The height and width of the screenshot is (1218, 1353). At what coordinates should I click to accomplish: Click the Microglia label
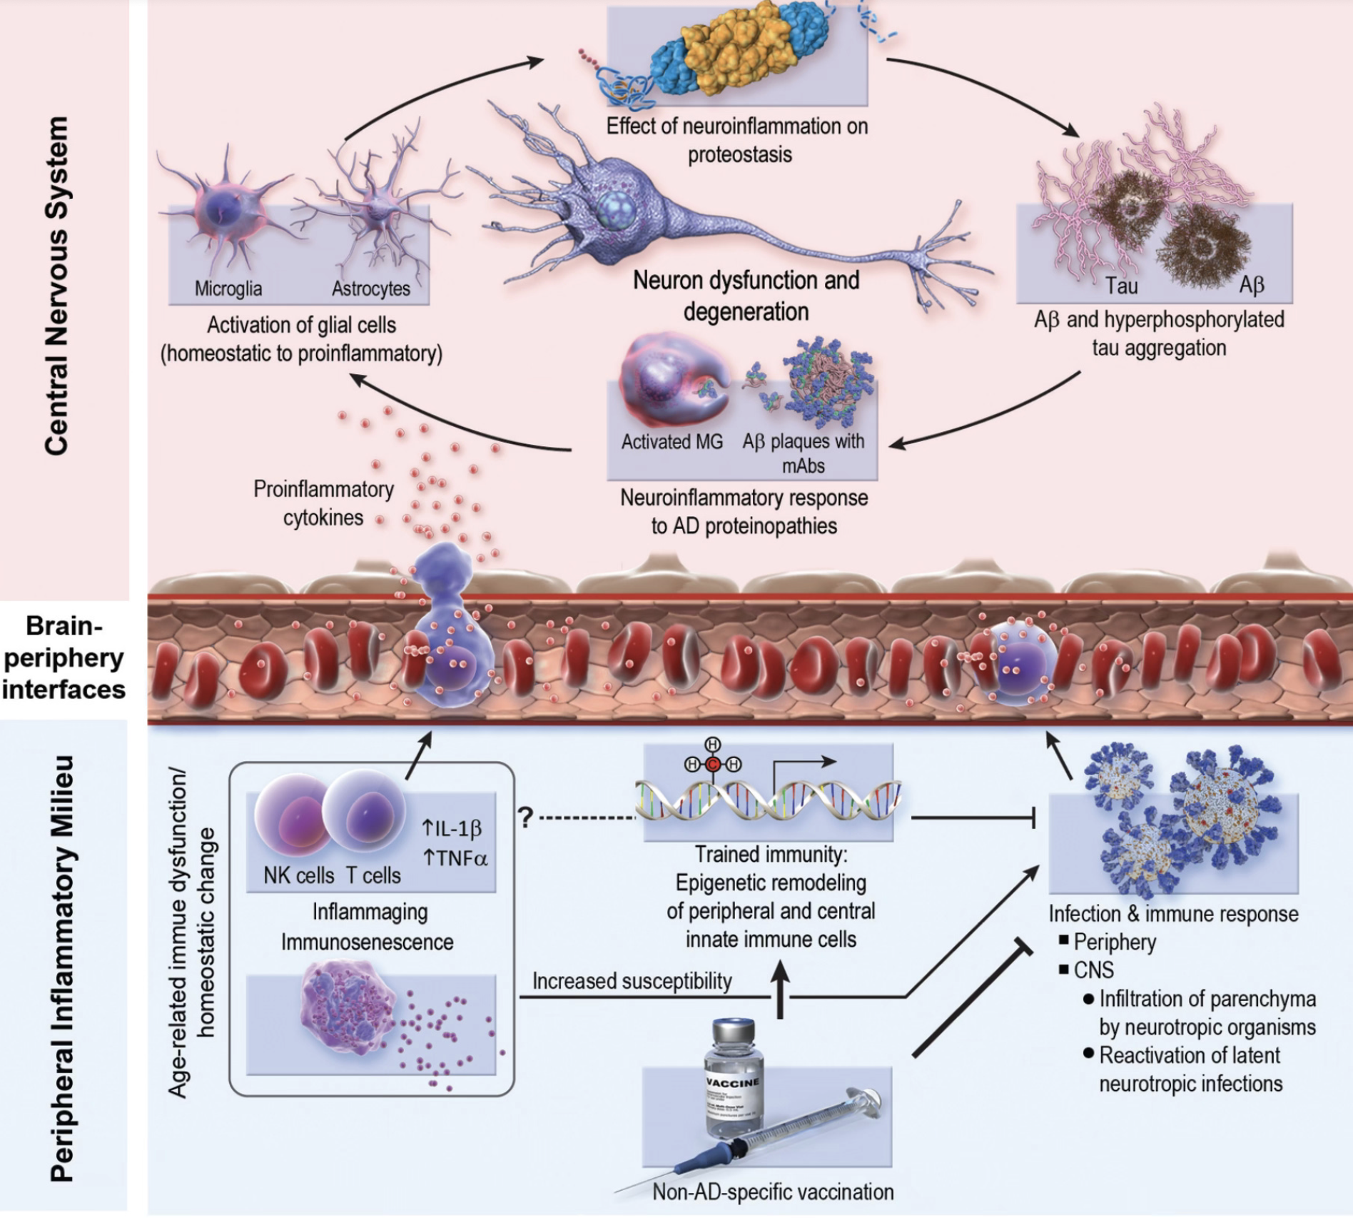[228, 288]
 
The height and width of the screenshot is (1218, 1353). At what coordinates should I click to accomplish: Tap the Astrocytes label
[371, 288]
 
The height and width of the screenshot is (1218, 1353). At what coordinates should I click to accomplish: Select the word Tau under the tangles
[1121, 286]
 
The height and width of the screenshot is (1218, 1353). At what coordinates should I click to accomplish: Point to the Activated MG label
[672, 442]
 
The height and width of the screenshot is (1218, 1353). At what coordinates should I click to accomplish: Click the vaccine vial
[734, 1078]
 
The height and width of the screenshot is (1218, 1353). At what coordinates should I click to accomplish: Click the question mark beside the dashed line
[526, 817]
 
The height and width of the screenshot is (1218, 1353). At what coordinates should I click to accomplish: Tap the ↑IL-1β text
[452, 828]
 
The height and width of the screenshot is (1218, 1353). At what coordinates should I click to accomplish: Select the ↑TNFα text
[455, 858]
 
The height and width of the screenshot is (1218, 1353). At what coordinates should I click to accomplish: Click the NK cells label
[298, 875]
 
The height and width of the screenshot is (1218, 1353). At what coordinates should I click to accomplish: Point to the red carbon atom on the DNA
[713, 764]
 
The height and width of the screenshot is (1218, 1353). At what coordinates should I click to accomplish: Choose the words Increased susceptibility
[632, 981]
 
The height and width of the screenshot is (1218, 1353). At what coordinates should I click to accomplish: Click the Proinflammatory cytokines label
[323, 503]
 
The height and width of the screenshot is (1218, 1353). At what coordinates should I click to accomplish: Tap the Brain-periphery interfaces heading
[64, 658]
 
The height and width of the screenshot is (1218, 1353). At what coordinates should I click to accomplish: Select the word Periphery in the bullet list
[1115, 942]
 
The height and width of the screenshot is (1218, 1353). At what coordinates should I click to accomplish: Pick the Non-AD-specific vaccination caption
[773, 1192]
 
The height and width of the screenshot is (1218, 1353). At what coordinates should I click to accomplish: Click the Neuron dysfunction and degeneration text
[746, 296]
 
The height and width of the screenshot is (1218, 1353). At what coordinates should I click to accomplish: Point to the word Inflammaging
[370, 912]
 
